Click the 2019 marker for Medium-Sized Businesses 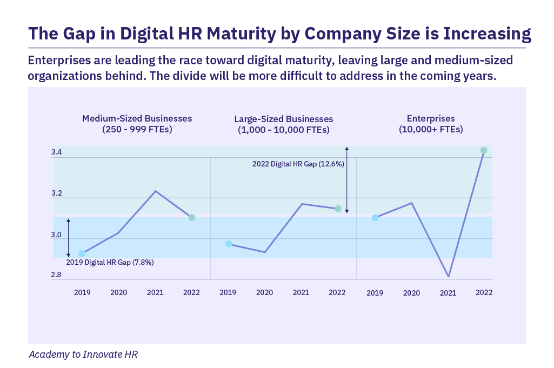(82, 253)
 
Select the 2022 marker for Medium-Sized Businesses (191, 217)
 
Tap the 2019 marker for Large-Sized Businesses (229, 244)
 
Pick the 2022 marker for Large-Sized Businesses (338, 209)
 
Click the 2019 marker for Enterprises (375, 218)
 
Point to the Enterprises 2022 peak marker (484, 150)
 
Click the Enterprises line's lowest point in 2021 (448, 277)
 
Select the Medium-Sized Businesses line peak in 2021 (156, 191)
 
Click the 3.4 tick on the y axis (57, 152)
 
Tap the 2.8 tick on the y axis (57, 275)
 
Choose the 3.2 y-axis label (57, 193)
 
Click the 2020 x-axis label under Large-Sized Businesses (264, 292)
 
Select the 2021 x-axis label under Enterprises (448, 293)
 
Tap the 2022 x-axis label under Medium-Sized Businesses (191, 292)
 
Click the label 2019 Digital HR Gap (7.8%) (110, 262)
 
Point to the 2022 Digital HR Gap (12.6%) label (298, 164)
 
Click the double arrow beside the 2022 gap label (347, 179)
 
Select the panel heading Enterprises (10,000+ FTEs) (431, 124)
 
